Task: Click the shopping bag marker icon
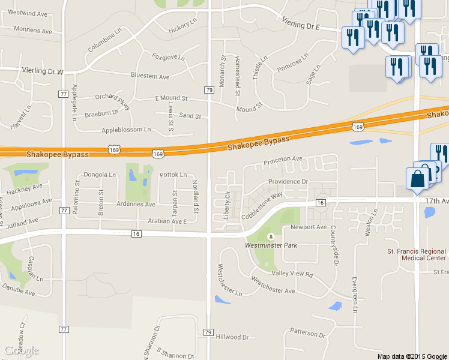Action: click(418, 179)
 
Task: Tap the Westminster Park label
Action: click(271, 245)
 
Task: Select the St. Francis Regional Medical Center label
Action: click(417, 254)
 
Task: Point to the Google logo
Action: click(22, 350)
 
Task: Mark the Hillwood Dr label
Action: click(232, 337)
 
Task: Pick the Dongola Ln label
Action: click(100, 175)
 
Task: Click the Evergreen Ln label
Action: click(355, 295)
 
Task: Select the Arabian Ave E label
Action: click(169, 221)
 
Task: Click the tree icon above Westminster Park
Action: click(271, 236)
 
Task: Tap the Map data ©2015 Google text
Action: click(412, 356)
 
